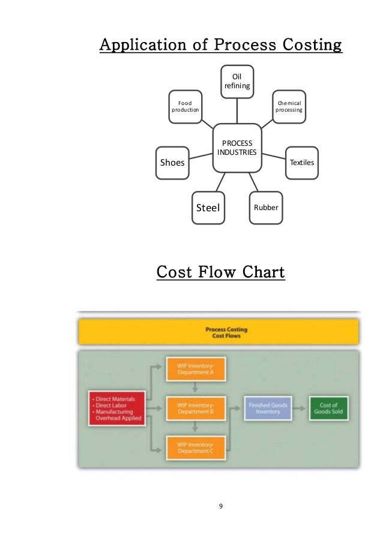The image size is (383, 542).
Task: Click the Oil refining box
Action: [x=237, y=81]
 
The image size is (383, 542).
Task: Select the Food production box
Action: [x=185, y=107]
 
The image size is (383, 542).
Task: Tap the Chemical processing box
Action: [x=288, y=107]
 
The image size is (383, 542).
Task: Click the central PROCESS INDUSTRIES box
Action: [x=237, y=148]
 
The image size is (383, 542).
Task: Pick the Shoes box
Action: [x=172, y=162]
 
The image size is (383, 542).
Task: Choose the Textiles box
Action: [x=301, y=162]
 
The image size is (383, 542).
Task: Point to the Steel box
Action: [x=208, y=208]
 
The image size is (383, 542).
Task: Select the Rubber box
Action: [x=265, y=208]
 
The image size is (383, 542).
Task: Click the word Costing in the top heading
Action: [x=309, y=46]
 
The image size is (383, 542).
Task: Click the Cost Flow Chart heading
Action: [x=220, y=273]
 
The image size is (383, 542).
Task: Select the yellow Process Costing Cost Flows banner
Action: [x=219, y=332]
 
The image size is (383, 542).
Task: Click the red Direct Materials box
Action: [x=116, y=408]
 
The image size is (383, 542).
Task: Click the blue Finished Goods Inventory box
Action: [x=267, y=408]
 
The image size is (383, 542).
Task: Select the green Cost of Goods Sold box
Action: [x=330, y=408]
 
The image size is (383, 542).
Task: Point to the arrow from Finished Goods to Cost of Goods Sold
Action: [x=300, y=408]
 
